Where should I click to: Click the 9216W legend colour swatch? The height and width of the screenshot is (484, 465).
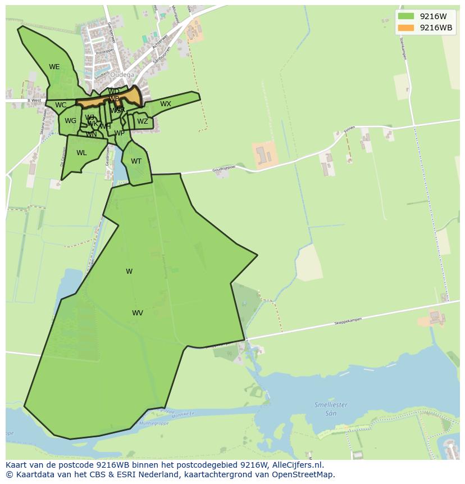(x=405, y=16)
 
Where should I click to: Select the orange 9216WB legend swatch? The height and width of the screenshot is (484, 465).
(x=405, y=28)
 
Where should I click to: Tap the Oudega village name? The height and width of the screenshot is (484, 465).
(x=122, y=75)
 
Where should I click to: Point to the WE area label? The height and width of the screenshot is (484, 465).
(x=54, y=67)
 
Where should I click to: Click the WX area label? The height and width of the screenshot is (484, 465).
(x=165, y=104)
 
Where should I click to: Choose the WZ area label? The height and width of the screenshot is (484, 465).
(x=143, y=121)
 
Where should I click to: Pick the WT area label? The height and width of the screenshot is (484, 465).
(x=136, y=161)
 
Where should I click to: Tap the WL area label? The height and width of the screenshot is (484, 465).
(x=81, y=153)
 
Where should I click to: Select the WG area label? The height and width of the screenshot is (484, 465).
(x=70, y=121)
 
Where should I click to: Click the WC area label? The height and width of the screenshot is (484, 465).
(x=61, y=105)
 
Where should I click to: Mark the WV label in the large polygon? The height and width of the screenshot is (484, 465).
(x=138, y=313)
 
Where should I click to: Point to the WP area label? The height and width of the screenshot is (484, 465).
(x=119, y=133)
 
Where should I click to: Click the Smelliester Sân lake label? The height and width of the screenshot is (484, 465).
(x=331, y=408)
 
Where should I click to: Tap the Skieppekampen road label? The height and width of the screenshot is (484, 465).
(x=348, y=321)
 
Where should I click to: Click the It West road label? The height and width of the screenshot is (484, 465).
(x=34, y=101)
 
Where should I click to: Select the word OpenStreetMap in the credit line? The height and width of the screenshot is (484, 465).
(x=305, y=474)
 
